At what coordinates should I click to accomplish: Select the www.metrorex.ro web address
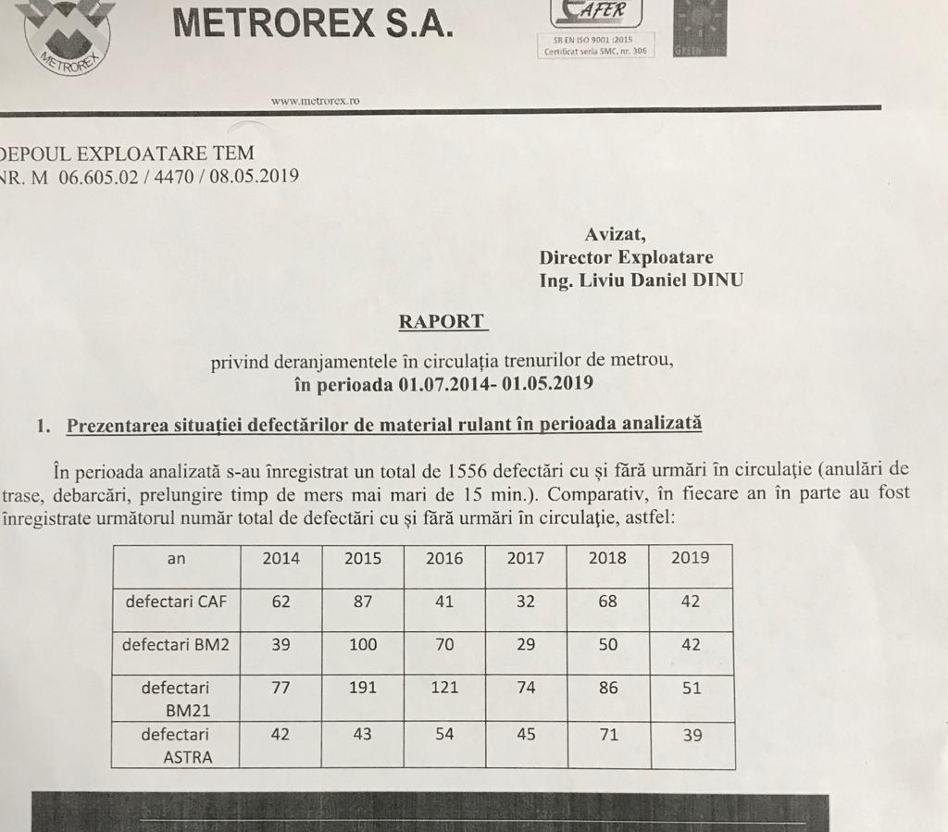(x=315, y=100)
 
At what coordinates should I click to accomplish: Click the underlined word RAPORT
(x=442, y=321)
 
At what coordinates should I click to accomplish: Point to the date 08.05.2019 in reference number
(x=255, y=176)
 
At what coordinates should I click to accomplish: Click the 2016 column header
(x=444, y=558)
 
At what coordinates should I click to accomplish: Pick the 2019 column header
(x=690, y=557)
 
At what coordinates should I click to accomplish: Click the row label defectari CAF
(x=176, y=602)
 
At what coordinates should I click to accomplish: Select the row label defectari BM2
(x=176, y=645)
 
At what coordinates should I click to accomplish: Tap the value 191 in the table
(x=363, y=689)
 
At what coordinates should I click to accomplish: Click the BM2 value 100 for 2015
(x=363, y=645)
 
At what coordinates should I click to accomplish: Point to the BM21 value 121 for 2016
(x=444, y=689)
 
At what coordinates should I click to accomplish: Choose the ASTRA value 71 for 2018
(x=607, y=735)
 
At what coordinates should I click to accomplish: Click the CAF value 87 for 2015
(x=363, y=602)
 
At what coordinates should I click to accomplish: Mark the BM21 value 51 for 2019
(x=691, y=689)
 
